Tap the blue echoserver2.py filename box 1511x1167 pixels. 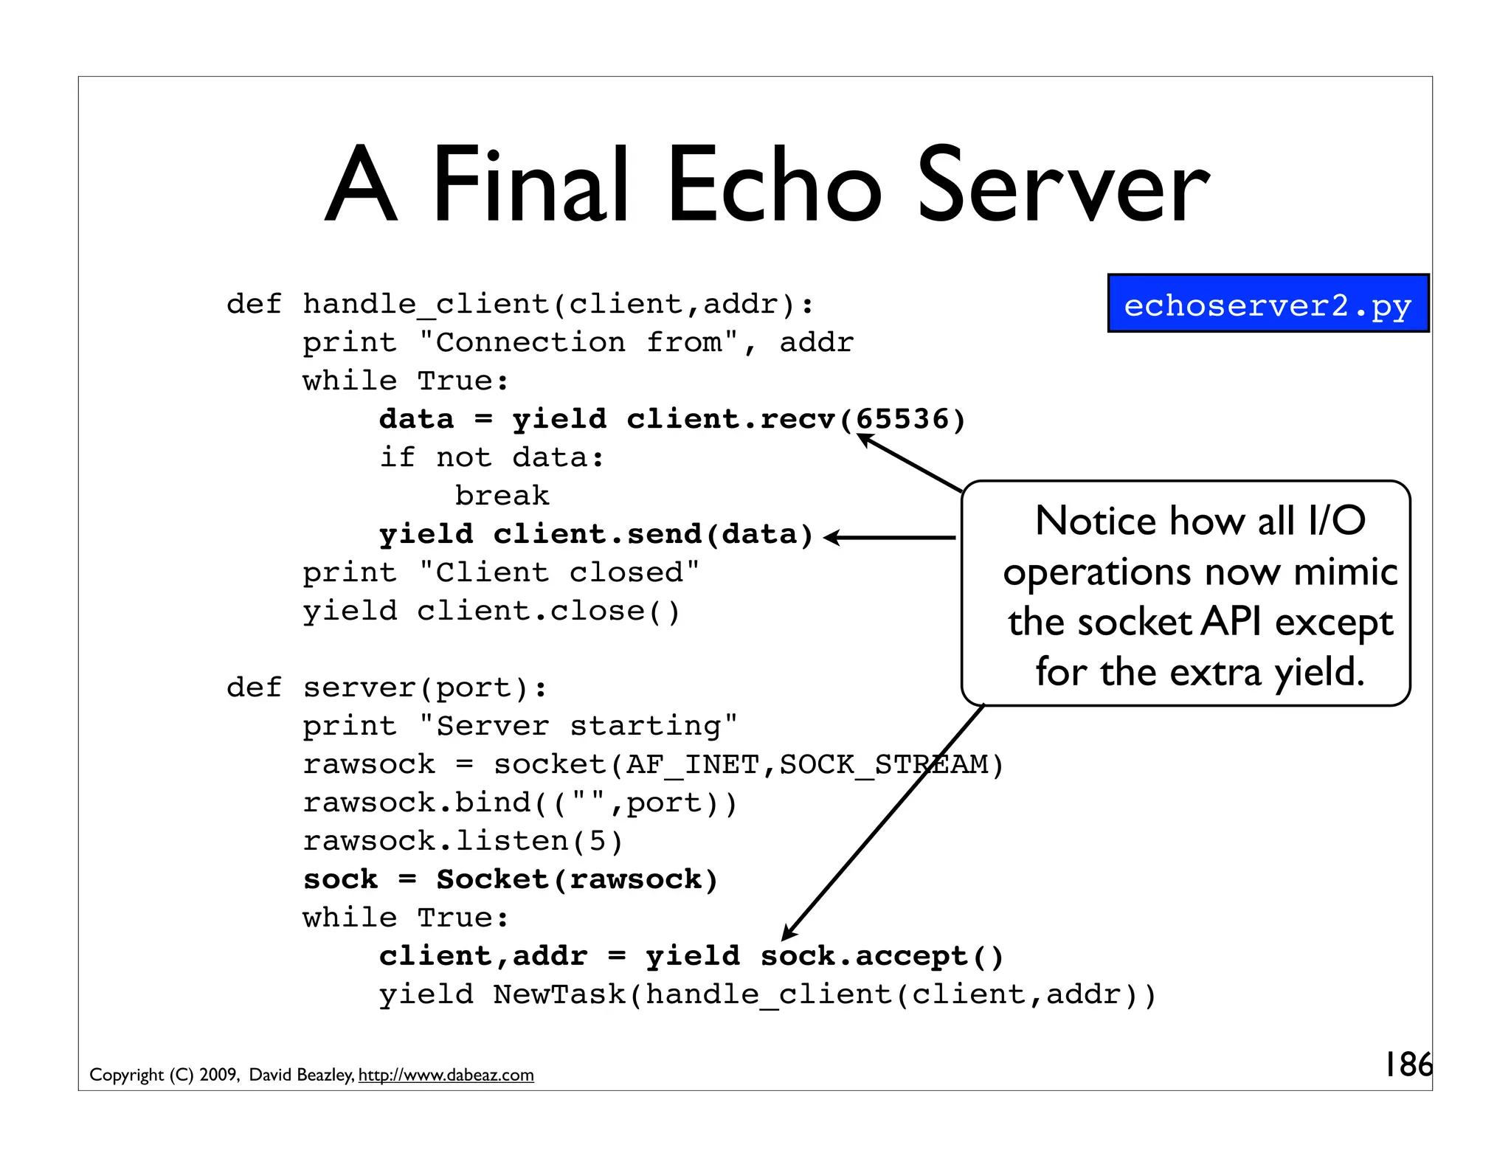click(x=1268, y=304)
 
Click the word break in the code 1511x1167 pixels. click(x=502, y=496)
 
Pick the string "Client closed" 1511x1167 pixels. click(x=559, y=572)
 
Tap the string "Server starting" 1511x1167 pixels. click(x=578, y=726)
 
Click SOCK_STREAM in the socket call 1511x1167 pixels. click(x=883, y=764)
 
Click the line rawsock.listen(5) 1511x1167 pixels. click(x=463, y=841)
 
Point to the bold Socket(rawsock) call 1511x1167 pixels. click(x=577, y=879)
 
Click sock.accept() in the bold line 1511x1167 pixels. click(x=882, y=956)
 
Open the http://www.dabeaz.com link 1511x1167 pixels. click(x=446, y=1075)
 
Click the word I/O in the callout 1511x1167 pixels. click(x=1336, y=521)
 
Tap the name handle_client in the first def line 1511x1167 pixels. click(x=426, y=304)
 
